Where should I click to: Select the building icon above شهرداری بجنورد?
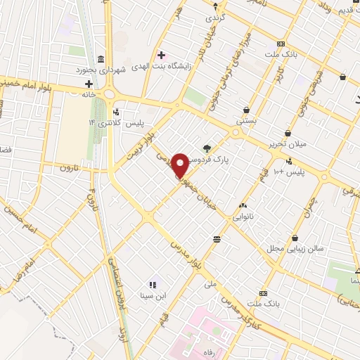click(x=102, y=58)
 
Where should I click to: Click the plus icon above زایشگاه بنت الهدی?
click(x=162, y=55)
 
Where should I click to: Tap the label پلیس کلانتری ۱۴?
click(x=115, y=122)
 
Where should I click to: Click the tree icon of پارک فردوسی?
click(x=207, y=148)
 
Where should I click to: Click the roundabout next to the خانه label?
click(x=110, y=94)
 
